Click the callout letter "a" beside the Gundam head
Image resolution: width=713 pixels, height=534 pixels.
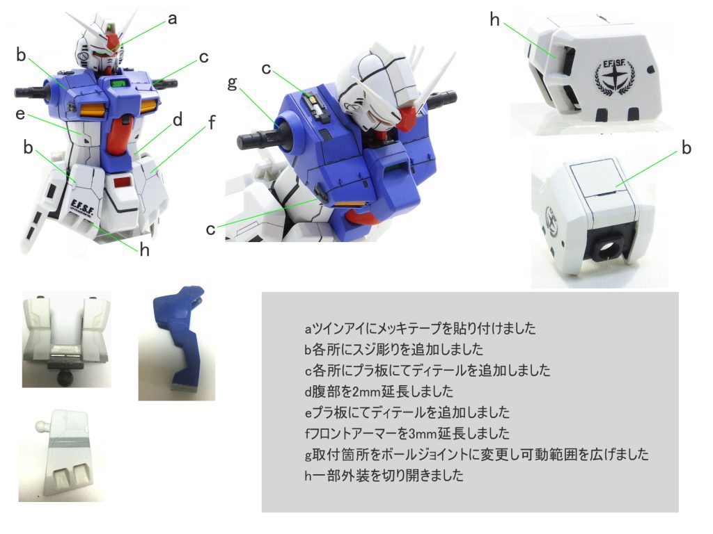(x=172, y=19)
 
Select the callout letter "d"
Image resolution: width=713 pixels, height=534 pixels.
(x=178, y=120)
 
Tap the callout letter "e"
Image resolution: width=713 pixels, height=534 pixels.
(x=20, y=114)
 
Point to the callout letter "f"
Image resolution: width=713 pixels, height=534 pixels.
(x=212, y=122)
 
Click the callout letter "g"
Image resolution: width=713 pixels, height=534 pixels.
(x=233, y=83)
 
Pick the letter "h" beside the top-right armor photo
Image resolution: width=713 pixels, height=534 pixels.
(x=495, y=19)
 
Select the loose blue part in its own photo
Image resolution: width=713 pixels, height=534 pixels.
(x=179, y=337)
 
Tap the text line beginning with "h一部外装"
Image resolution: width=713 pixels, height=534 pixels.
(x=384, y=476)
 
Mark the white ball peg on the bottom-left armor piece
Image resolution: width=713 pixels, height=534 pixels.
(x=41, y=427)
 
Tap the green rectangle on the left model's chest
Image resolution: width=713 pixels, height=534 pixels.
(x=118, y=83)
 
